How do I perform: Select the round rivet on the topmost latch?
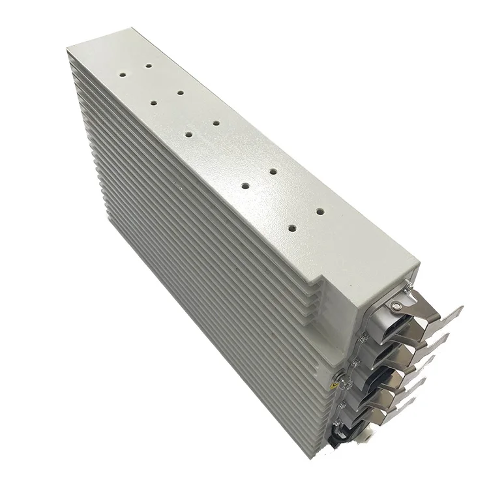click(396, 305)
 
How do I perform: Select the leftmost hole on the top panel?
click(121, 74)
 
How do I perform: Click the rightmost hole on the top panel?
click(320, 211)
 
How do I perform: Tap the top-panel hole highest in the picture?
click(149, 65)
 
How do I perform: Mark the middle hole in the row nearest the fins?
click(188, 134)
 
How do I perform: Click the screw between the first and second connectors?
click(363, 337)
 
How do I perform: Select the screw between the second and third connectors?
click(355, 361)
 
